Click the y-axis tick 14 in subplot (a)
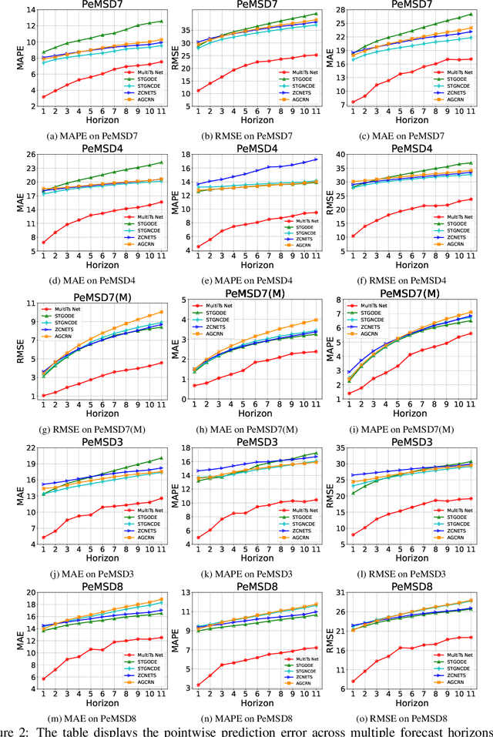29,9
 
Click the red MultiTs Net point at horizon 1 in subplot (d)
43,243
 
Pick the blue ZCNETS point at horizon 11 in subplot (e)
315,159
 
